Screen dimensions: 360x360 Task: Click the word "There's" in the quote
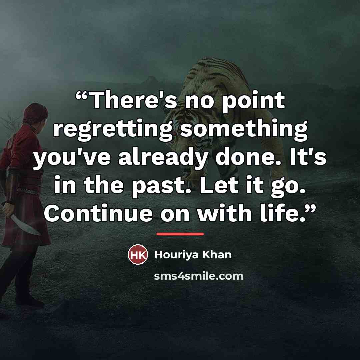point(134,100)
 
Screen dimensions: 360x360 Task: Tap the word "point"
point(253,102)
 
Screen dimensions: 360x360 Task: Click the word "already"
point(163,158)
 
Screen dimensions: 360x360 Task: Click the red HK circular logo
point(138,254)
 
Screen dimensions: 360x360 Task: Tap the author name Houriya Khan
point(193,255)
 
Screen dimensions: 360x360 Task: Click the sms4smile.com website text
point(199,276)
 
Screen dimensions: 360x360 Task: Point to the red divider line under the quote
point(180,234)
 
